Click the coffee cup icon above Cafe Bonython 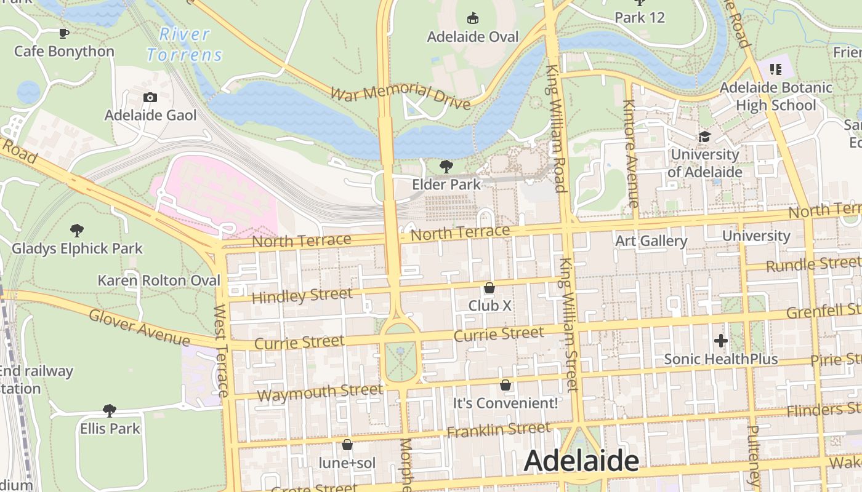tap(63, 33)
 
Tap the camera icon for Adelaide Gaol tap(150, 98)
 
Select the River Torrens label tap(184, 45)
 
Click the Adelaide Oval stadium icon tap(473, 18)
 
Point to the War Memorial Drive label tap(400, 95)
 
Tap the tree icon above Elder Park tap(446, 167)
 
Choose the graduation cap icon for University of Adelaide tap(704, 137)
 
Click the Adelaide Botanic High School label tap(776, 97)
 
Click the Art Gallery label tap(651, 241)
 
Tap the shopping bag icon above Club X tap(489, 288)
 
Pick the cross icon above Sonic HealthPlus tap(720, 341)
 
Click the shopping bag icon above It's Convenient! tap(506, 386)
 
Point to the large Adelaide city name tap(581, 461)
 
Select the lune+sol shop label tap(347, 462)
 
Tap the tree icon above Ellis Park tap(110, 410)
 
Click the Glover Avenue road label tap(139, 327)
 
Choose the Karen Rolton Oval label tap(159, 280)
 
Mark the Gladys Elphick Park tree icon tap(77, 231)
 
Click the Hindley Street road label tap(302, 296)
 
